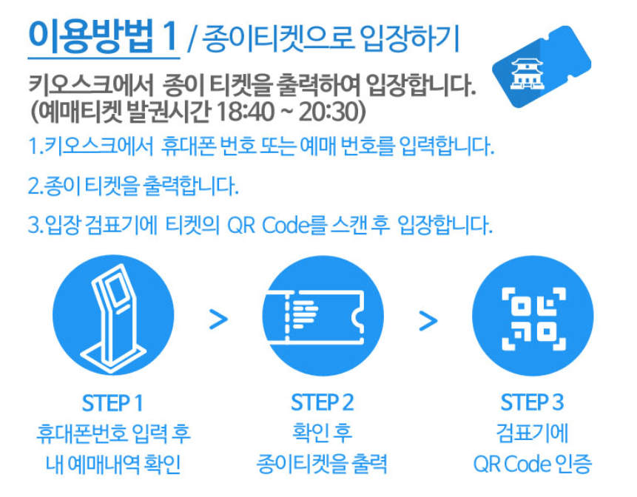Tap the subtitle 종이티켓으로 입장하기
click(x=323, y=38)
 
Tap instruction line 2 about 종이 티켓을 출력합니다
click(x=134, y=185)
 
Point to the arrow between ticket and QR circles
click(x=428, y=319)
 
